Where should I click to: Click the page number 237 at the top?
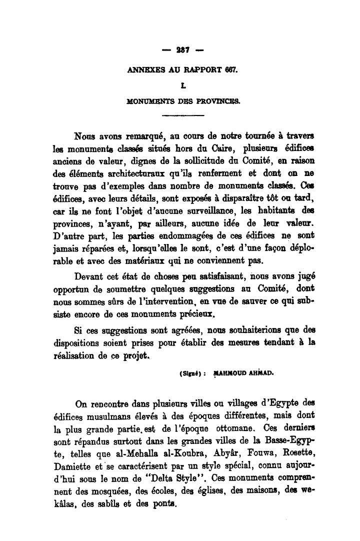180,50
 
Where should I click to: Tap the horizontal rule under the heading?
183,115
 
